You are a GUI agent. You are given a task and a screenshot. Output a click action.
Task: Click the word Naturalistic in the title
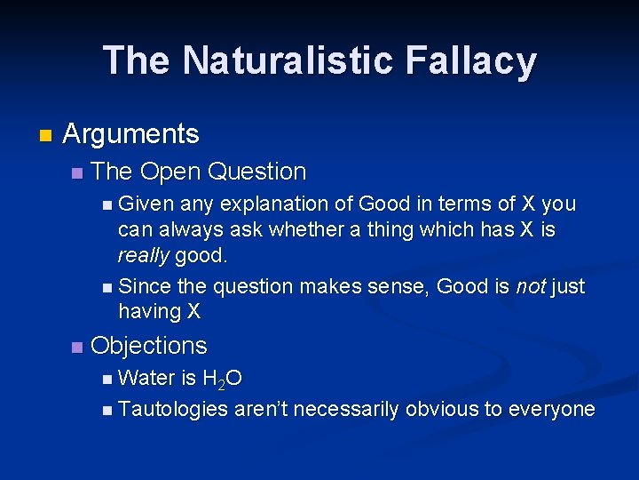click(x=282, y=60)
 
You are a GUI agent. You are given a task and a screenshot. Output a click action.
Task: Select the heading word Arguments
click(x=131, y=134)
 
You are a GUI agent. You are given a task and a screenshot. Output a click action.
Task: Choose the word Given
click(x=146, y=204)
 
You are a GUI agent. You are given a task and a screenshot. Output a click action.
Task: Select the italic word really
click(x=144, y=256)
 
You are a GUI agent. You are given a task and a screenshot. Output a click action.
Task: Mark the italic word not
click(x=530, y=286)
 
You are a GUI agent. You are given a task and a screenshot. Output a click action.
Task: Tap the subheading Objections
click(x=148, y=346)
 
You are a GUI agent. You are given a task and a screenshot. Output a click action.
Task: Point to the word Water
click(x=146, y=379)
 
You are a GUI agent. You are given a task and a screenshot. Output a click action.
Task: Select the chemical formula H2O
click(x=222, y=380)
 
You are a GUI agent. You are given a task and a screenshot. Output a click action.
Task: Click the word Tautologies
click(x=172, y=409)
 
